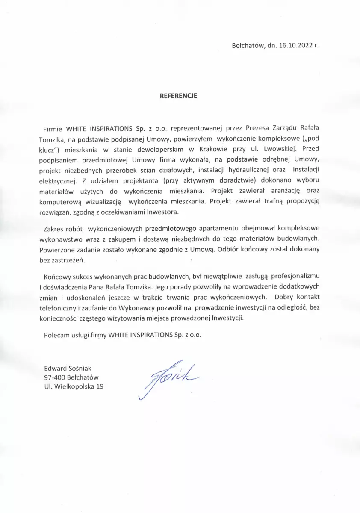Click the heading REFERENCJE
[x=178, y=96]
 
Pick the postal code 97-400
[x=54, y=377]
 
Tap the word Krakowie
[x=213, y=149]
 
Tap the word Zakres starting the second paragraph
[x=54, y=229]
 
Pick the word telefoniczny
[x=62, y=308]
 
